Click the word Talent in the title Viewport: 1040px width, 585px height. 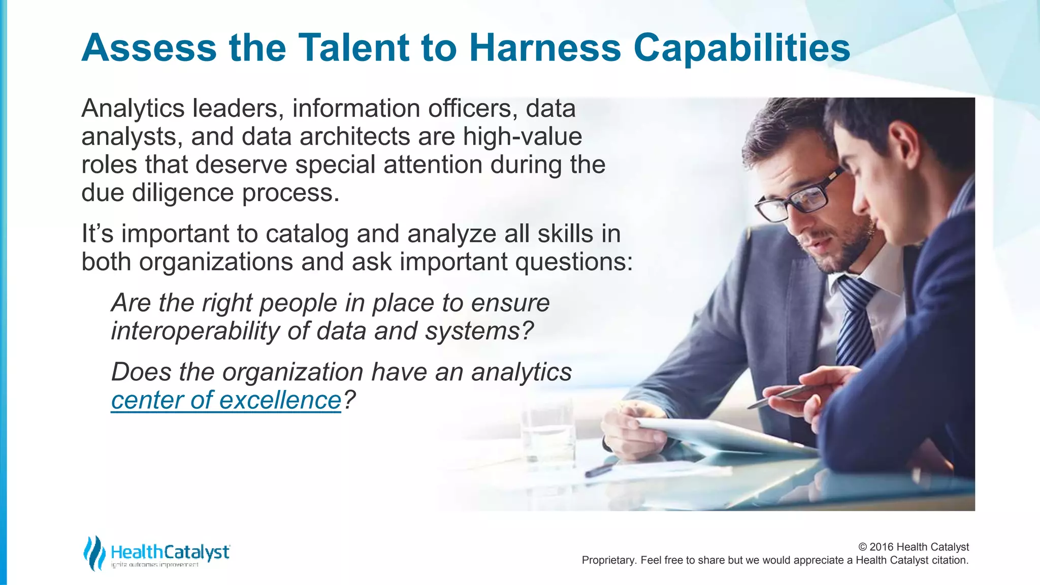353,48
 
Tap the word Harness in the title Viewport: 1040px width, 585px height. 545,48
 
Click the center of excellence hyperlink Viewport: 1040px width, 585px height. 226,400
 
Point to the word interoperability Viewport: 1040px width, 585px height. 195,331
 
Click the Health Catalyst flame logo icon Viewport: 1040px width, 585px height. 94,552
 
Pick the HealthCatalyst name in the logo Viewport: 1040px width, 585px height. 170,552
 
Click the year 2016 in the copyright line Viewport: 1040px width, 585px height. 882,547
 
